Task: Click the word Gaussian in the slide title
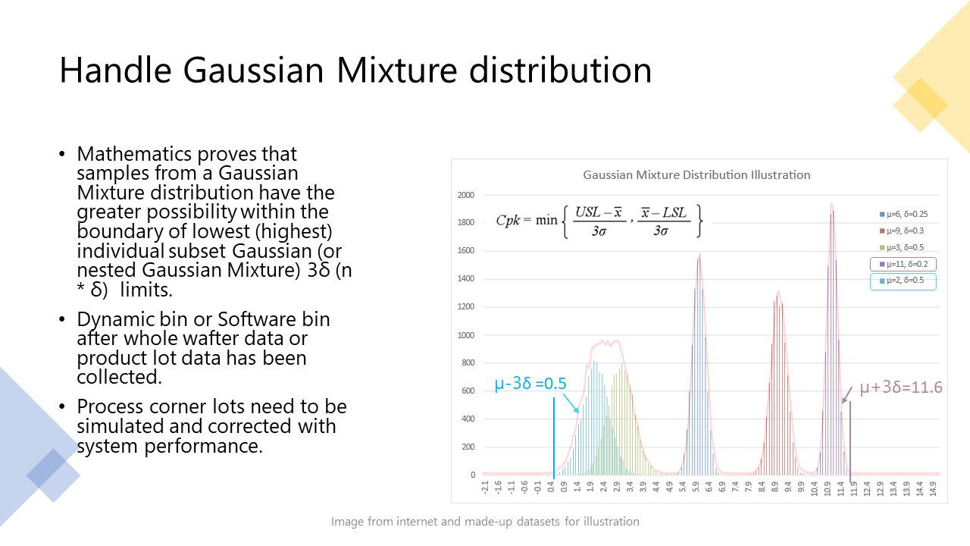tap(253, 71)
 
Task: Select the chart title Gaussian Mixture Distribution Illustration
tap(696, 175)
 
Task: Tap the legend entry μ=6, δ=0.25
tap(904, 214)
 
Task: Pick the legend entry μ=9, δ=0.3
tap(902, 231)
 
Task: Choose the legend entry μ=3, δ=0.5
tap(902, 247)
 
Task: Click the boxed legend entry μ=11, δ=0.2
tap(903, 264)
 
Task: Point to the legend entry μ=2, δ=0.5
tap(902, 281)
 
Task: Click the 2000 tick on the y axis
tap(466, 195)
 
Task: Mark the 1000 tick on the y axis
tap(466, 335)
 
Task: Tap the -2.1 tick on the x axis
tap(484, 488)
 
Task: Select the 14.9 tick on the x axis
tap(933, 488)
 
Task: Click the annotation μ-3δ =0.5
tap(530, 384)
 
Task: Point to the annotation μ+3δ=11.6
tap(901, 387)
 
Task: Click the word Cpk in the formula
tap(508, 221)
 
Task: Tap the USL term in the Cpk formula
tap(587, 212)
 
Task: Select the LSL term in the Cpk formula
tap(674, 212)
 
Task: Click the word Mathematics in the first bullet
tap(134, 154)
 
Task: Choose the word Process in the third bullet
tap(110, 406)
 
